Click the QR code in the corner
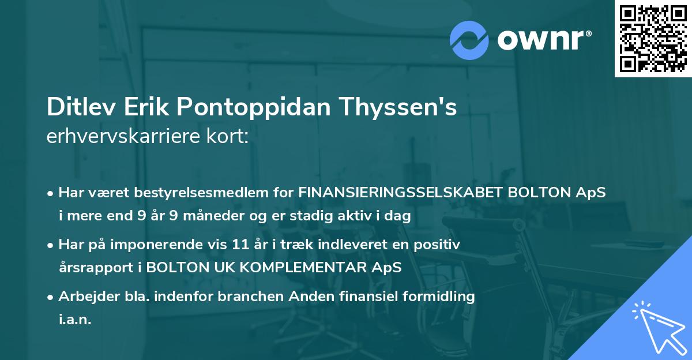[653, 39]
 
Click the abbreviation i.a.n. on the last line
[75, 319]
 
